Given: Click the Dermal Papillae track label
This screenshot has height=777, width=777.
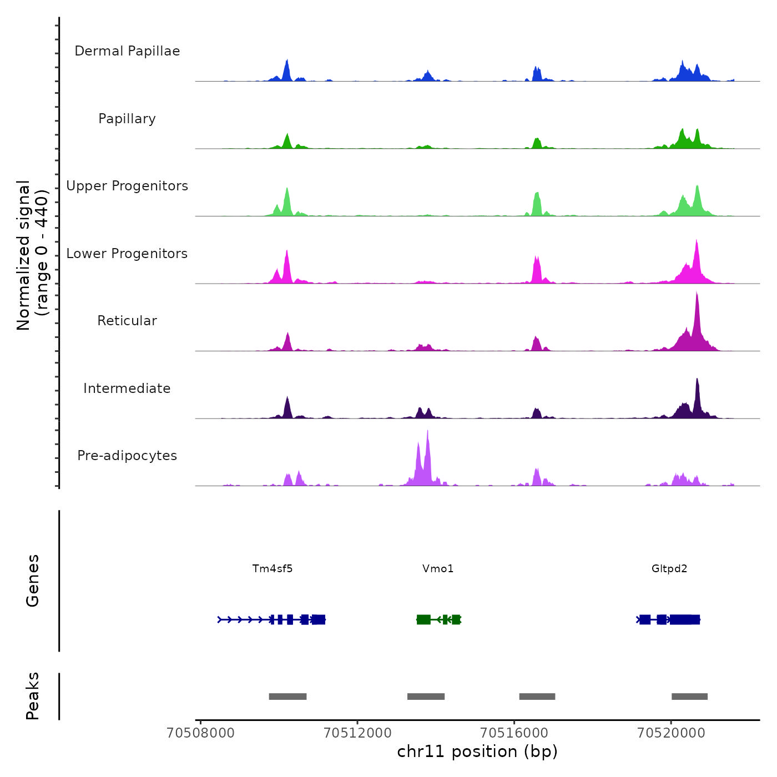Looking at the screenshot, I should click(x=127, y=51).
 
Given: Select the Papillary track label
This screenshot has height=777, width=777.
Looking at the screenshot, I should click(x=127, y=119).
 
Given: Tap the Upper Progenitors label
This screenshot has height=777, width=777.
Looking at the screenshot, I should click(x=127, y=186).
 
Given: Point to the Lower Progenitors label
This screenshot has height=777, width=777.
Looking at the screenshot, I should click(x=127, y=254).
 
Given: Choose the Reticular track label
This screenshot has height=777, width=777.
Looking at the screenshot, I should click(x=127, y=321).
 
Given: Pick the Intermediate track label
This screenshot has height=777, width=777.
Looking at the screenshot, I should click(x=127, y=389).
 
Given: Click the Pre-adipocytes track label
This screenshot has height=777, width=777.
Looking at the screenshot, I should click(x=127, y=456).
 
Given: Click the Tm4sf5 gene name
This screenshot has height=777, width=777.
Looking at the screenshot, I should click(x=273, y=568).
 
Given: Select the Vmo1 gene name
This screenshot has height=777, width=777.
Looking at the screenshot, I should click(x=438, y=568).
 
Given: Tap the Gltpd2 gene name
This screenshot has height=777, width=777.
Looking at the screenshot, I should click(x=669, y=568).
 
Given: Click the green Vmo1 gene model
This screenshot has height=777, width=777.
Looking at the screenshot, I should click(x=438, y=619).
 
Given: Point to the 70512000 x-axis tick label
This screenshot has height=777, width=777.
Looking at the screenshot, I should click(x=357, y=733).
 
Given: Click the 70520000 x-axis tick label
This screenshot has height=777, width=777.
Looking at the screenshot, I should click(x=671, y=733).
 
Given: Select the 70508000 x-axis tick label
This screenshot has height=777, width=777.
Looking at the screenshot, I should click(x=200, y=733).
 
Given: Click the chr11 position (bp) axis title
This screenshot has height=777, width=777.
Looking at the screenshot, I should click(x=477, y=751).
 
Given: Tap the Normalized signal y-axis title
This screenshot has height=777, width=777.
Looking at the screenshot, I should click(x=32, y=255).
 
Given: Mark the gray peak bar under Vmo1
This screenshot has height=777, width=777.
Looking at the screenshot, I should click(x=426, y=697).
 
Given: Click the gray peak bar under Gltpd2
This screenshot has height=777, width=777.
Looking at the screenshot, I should click(x=689, y=697).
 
